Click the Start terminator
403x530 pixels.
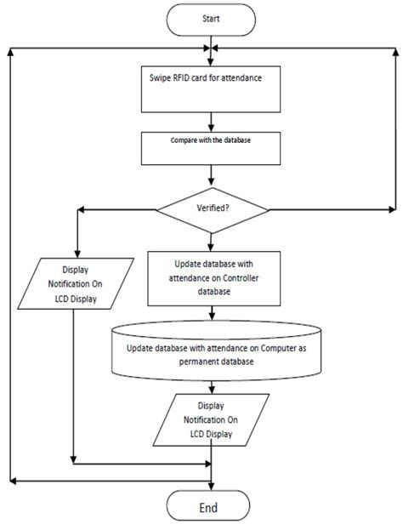coord(211,18)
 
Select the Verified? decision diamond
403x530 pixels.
coord(210,208)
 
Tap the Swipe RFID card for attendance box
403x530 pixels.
coord(210,89)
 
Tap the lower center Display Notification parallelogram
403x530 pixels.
coord(210,420)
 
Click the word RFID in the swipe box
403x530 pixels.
coord(187,79)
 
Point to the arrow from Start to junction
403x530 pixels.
coord(211,41)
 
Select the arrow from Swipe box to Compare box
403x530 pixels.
coord(211,123)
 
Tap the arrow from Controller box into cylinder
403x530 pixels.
coord(211,314)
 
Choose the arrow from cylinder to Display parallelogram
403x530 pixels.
coord(211,385)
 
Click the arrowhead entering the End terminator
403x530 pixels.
coord(211,487)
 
